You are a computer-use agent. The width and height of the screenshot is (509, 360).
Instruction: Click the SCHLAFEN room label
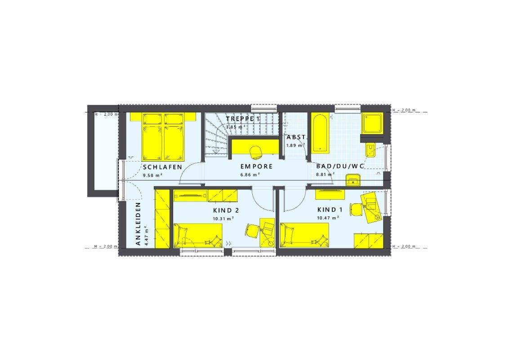[162, 166]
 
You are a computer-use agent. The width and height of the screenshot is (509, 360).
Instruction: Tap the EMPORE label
[256, 166]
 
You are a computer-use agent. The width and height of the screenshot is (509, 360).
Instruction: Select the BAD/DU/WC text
[340, 166]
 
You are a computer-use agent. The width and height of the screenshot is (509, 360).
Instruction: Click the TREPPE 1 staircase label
[243, 119]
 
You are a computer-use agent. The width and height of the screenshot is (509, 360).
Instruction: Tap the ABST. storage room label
[297, 137]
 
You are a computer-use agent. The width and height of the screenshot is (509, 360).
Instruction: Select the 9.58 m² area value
[152, 175]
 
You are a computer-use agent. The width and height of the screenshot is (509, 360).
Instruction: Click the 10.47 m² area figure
[328, 218]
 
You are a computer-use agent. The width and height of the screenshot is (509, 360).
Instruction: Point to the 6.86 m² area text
[250, 175]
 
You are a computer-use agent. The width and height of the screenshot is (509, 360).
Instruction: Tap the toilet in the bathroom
[371, 150]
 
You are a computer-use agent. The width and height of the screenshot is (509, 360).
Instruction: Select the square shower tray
[373, 123]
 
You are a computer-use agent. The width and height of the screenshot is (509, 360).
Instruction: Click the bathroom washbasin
[353, 181]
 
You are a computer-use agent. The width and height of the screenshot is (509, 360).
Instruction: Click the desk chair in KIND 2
[251, 230]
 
